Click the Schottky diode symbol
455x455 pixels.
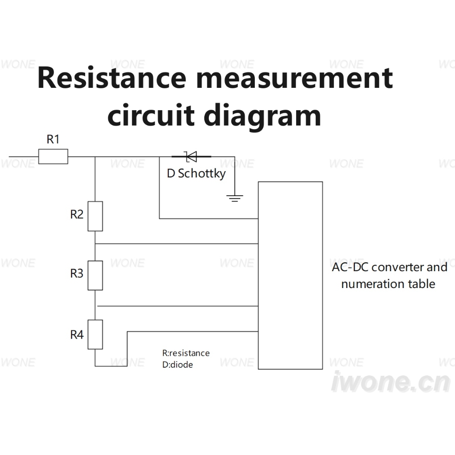click(191, 157)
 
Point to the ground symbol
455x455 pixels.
click(235, 198)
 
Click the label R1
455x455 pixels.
click(53, 139)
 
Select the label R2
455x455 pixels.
click(76, 214)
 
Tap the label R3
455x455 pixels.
click(76, 273)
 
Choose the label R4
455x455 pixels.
click(77, 334)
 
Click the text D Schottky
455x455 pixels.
click(196, 173)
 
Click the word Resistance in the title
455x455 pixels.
click(112, 77)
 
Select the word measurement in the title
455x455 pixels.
click(294, 78)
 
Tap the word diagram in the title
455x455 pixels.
click(263, 116)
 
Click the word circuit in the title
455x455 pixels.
click(151, 115)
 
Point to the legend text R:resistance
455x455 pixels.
click(186, 353)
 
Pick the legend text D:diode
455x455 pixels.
click(177, 364)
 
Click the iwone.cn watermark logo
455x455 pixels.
click(390, 382)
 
